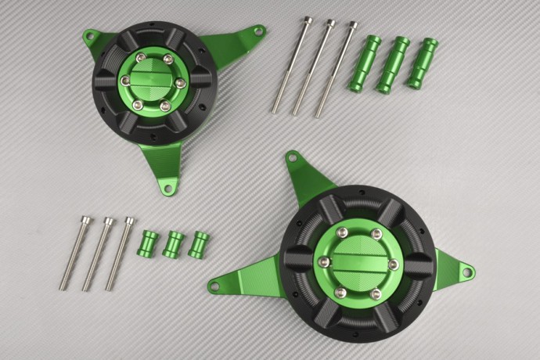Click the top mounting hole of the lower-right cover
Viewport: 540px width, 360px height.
(x=293, y=158)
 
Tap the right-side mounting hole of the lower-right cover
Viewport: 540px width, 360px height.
(x=467, y=273)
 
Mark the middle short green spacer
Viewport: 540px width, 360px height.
(x=174, y=244)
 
